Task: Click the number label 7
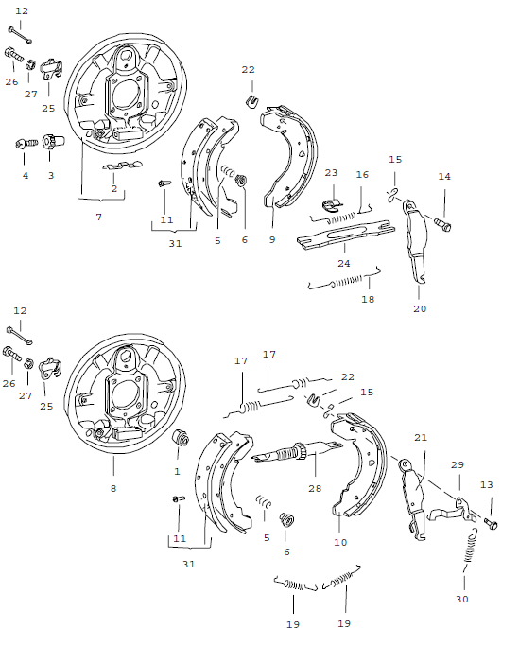(98, 218)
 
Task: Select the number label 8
(113, 488)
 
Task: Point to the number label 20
(421, 308)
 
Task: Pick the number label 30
(463, 599)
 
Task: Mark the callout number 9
(272, 240)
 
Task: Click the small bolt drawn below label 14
(444, 223)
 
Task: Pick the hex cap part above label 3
(52, 145)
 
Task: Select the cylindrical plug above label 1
(180, 438)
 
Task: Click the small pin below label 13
(490, 521)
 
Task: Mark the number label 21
(421, 438)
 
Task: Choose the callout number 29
(457, 465)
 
